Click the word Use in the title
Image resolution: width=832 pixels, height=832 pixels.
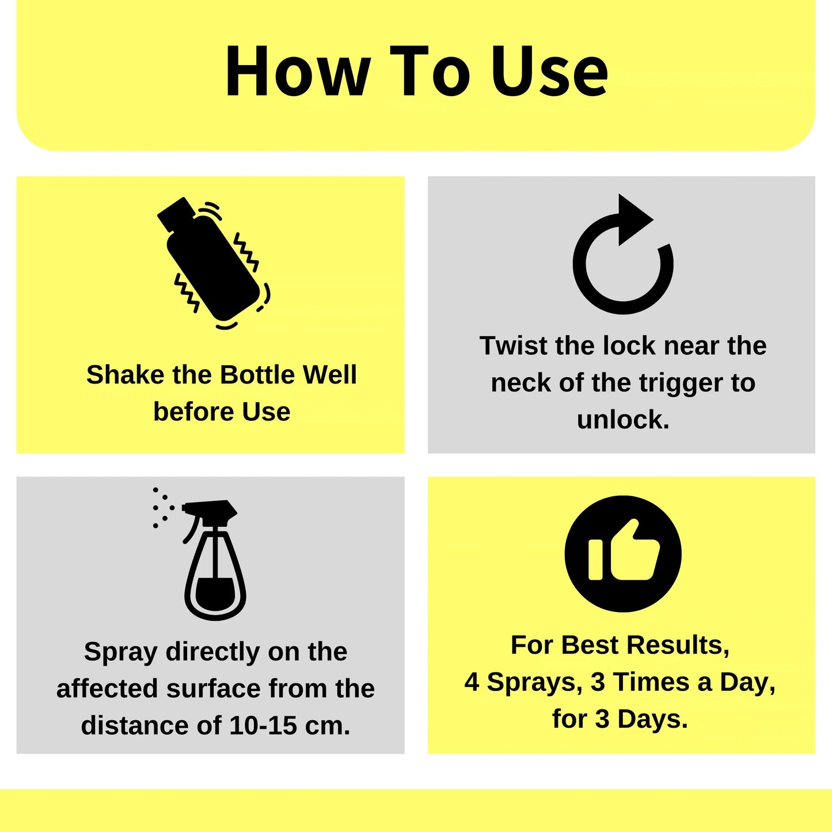tap(550, 72)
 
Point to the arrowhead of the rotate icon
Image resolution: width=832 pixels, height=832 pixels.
tap(633, 219)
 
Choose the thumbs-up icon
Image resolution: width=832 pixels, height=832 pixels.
tap(623, 553)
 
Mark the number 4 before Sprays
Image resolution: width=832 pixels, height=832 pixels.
tap(472, 682)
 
